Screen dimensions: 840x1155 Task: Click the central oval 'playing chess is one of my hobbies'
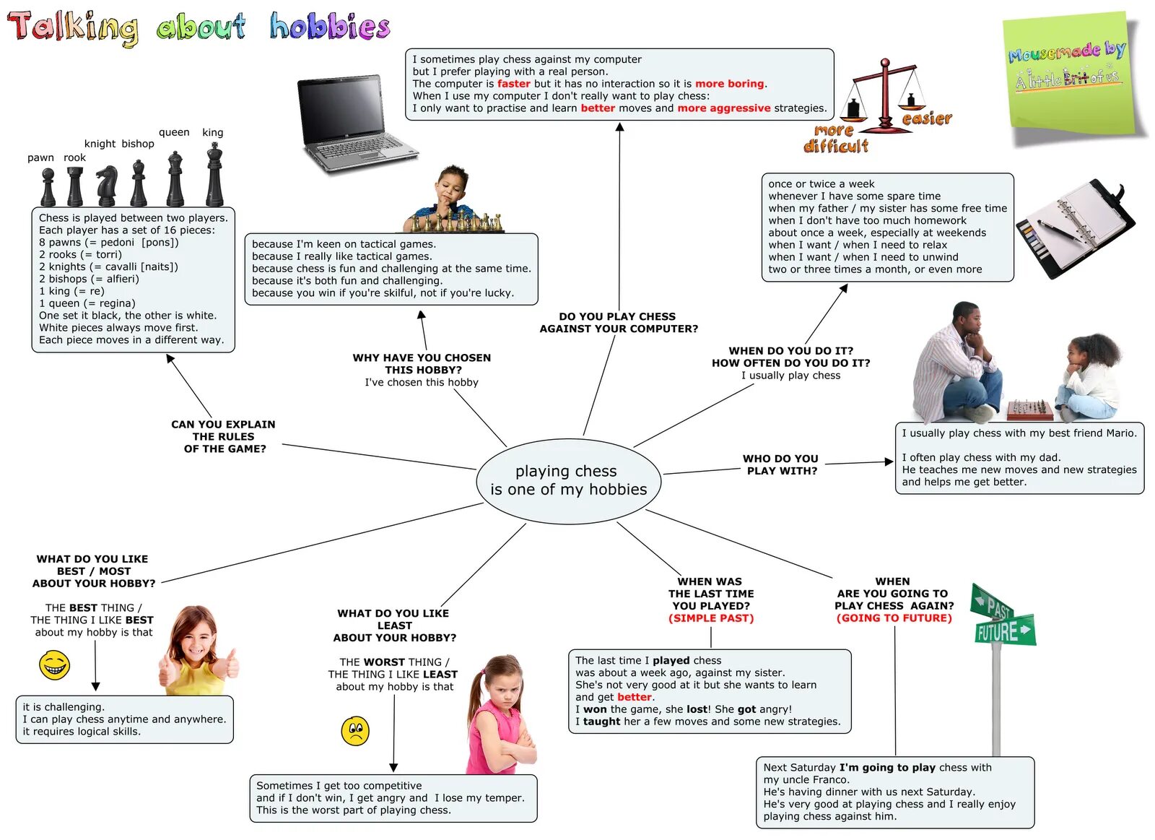click(x=568, y=480)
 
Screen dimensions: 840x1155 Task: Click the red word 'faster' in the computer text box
click(x=513, y=84)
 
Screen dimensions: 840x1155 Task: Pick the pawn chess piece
click(x=48, y=187)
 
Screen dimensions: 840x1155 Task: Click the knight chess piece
click(x=107, y=186)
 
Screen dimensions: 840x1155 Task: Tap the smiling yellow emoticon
click(x=54, y=664)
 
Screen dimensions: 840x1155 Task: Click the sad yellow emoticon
click(x=354, y=731)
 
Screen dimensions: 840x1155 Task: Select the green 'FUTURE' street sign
click(x=1005, y=631)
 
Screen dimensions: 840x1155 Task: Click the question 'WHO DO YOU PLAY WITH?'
click(x=781, y=464)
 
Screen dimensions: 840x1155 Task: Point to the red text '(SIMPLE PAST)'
click(x=710, y=618)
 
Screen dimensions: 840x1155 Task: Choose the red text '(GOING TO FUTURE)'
click(x=894, y=618)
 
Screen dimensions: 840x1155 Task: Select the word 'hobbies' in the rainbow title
click(x=329, y=26)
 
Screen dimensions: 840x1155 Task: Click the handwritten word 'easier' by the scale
click(x=927, y=118)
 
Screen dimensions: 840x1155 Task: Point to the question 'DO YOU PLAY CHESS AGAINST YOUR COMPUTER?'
click(x=619, y=322)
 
